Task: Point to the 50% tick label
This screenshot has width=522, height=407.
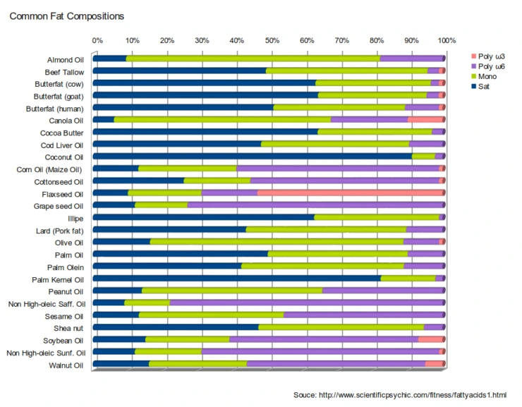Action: (272, 40)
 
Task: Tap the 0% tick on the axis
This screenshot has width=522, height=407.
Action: (97, 40)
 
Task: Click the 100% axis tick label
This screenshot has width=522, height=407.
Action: (447, 40)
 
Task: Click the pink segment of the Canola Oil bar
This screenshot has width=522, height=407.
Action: (426, 120)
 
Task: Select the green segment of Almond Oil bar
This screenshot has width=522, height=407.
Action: (253, 59)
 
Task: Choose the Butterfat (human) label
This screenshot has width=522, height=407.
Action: (54, 109)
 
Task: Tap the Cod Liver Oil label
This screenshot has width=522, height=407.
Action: (61, 145)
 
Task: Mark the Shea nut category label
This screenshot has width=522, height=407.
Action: (68, 329)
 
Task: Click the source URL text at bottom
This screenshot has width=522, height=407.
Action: (399, 394)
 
